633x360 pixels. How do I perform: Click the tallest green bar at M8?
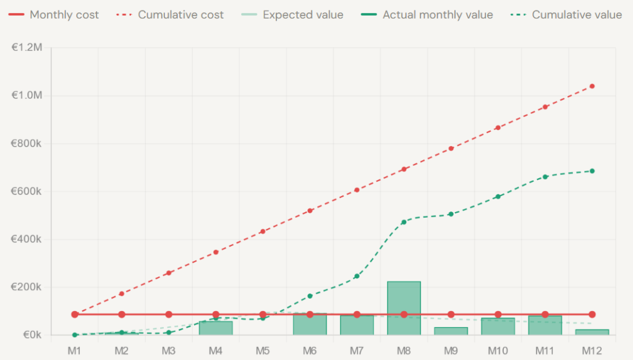[404, 308]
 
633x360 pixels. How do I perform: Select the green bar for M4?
[216, 328]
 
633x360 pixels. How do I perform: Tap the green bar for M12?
[592, 332]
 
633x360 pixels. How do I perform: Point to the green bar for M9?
[451, 332]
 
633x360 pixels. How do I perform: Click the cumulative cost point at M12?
[592, 86]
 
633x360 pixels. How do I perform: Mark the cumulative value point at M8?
[404, 222]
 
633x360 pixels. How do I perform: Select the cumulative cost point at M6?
[310, 211]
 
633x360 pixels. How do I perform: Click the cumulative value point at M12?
[592, 171]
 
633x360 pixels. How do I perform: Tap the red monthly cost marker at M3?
[169, 314]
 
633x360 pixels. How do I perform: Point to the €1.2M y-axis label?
[27, 48]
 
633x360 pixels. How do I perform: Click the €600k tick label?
[27, 191]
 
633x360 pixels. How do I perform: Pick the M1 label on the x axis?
[75, 351]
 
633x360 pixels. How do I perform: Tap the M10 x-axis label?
[498, 351]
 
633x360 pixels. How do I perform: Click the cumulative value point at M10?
[498, 197]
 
